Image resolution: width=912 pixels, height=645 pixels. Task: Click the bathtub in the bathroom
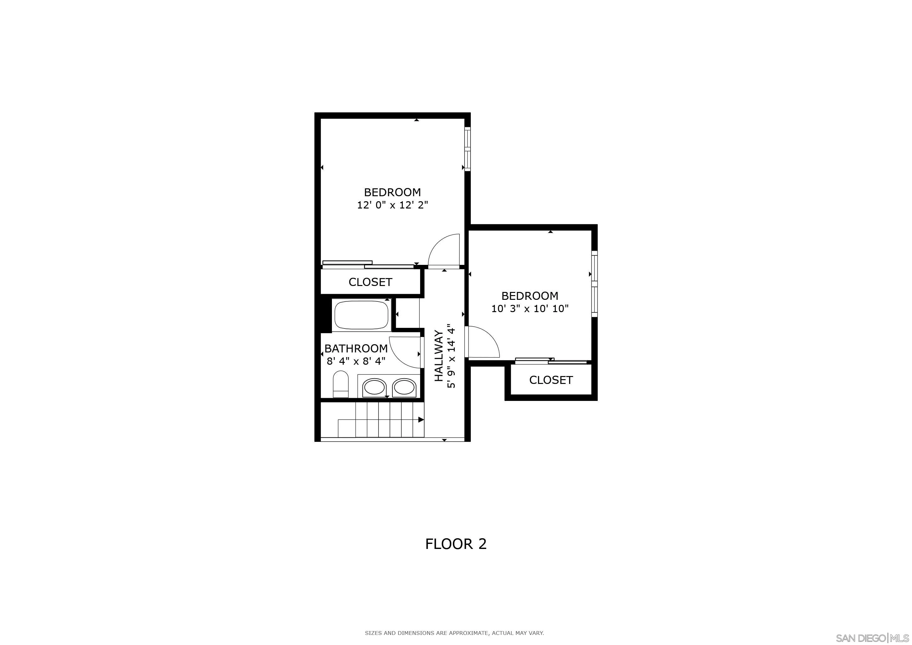point(362,315)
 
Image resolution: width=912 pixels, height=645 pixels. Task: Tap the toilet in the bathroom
point(340,384)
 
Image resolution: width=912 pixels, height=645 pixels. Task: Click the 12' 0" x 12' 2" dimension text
point(392,205)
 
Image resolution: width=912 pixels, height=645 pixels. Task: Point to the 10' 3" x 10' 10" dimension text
point(530,309)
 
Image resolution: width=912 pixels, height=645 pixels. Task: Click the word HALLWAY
point(439,356)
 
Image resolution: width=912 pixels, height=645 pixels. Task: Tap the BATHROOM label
point(356,348)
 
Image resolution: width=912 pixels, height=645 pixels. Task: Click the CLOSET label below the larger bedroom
point(370,282)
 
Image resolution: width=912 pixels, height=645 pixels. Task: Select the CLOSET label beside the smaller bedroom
point(551,380)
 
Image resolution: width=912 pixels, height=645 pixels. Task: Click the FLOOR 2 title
point(456,544)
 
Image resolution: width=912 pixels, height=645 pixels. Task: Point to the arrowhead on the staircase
point(421,420)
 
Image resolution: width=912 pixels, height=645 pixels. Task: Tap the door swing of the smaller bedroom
point(483,342)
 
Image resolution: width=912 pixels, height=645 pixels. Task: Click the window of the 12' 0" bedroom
point(468,149)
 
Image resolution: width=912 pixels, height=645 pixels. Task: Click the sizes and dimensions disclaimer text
point(454,633)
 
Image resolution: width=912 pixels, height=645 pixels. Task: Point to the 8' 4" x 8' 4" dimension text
point(356,361)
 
